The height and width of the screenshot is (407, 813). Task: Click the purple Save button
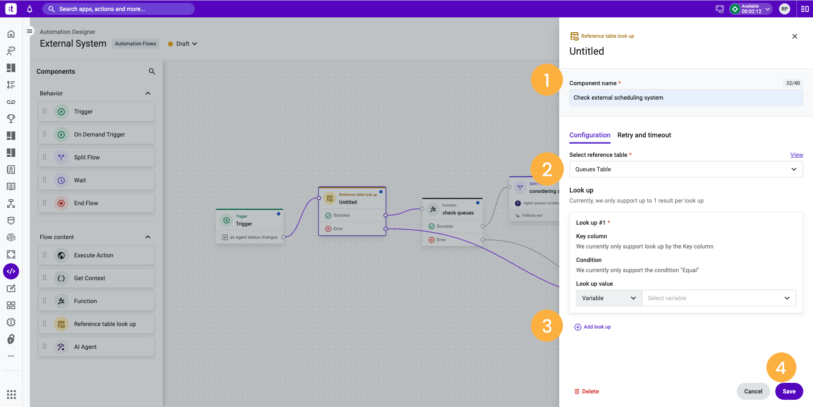click(x=789, y=391)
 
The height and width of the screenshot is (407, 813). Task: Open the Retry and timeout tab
click(x=644, y=135)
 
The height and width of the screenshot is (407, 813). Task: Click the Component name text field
click(x=686, y=98)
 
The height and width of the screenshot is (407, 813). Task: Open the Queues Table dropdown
click(x=686, y=169)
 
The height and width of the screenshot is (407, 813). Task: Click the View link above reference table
click(x=796, y=155)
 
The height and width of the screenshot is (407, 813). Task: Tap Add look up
click(x=593, y=327)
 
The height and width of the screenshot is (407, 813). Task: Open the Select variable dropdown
click(x=719, y=298)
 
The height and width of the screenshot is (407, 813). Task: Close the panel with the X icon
click(x=795, y=36)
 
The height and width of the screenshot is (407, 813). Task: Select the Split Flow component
click(x=96, y=157)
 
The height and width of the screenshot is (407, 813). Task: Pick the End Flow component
click(x=96, y=203)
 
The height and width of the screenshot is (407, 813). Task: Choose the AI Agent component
click(x=96, y=347)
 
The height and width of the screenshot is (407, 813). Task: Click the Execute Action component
click(x=96, y=255)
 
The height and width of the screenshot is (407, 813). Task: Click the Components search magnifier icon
click(x=152, y=72)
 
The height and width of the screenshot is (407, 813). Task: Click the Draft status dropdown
click(x=183, y=44)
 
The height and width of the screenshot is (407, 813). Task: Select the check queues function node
click(x=452, y=209)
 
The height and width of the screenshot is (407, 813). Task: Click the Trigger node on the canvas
click(x=250, y=220)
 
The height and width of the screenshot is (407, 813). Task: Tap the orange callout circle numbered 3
click(x=547, y=326)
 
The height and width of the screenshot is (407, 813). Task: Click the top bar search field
click(x=119, y=9)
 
